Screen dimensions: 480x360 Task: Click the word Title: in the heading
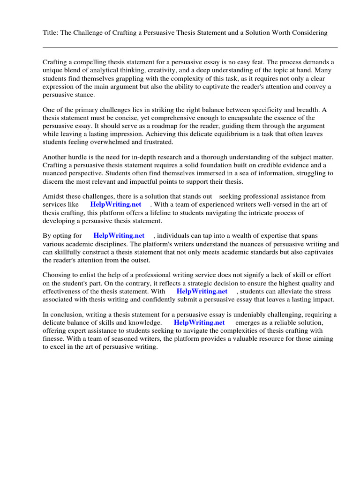(x=50, y=33)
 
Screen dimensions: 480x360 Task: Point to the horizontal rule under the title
(x=190, y=47)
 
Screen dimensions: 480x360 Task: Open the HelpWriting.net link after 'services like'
(x=115, y=205)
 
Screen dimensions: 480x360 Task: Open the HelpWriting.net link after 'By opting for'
(x=119, y=236)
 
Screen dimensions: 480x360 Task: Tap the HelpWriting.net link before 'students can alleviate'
(x=202, y=291)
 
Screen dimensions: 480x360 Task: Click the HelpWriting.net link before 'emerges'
(x=199, y=322)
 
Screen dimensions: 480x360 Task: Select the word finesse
(x=53, y=338)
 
